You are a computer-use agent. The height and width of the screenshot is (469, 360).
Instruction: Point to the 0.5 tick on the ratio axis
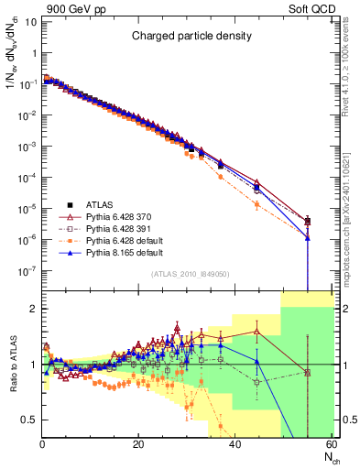pos(30,420)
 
